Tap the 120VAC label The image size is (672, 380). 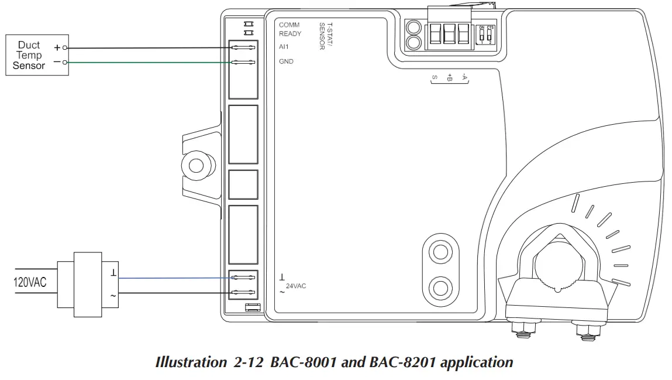point(30,283)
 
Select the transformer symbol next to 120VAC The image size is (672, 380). point(88,284)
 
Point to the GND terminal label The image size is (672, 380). point(286,61)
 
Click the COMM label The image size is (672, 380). point(289,25)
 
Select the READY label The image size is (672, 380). point(290,33)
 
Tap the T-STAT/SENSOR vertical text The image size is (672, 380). point(326,36)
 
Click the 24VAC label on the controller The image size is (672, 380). point(295,286)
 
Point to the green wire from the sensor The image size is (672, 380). point(146,62)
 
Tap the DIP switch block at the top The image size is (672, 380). point(485,35)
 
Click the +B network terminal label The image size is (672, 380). point(449,77)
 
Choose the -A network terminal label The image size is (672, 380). point(464,76)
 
